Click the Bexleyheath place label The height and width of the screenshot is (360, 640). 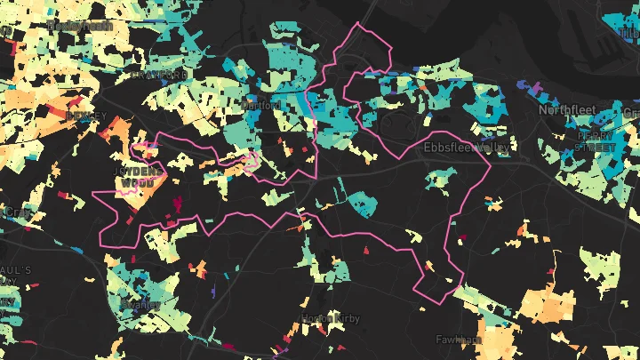pyautogui.click(x=80, y=26)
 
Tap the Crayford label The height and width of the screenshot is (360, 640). pyautogui.click(x=157, y=75)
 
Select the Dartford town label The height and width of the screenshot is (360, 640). pyautogui.click(x=261, y=105)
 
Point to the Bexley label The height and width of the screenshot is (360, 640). pyautogui.click(x=85, y=116)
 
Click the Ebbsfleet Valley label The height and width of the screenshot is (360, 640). pyautogui.click(x=466, y=147)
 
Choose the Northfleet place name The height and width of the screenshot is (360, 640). pyautogui.click(x=570, y=110)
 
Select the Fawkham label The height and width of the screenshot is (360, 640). pyautogui.click(x=459, y=340)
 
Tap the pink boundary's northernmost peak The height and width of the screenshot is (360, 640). pyautogui.click(x=359, y=24)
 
